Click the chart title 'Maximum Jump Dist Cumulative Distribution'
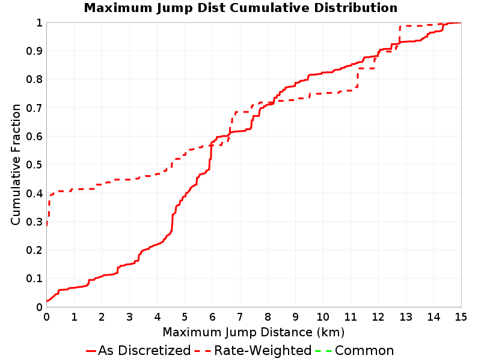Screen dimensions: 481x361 tap(240, 8)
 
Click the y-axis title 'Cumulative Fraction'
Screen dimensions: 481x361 tap(16, 164)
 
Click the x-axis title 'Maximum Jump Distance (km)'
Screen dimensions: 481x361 tap(254, 332)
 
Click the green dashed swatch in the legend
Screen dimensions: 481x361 tap(323, 351)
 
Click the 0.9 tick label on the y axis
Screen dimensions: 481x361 tap(34, 51)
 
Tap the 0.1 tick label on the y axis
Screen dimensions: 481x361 tap(34, 279)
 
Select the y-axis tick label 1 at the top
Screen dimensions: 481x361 tap(40, 23)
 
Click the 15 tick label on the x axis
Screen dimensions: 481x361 tap(461, 317)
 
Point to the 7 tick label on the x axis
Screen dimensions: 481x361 tap(240, 317)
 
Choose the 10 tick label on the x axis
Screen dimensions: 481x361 tap(323, 317)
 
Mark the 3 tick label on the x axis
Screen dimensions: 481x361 tap(129, 317)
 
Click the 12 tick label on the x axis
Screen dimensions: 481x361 tap(378, 317)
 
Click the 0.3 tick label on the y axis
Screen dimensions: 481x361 tap(34, 221)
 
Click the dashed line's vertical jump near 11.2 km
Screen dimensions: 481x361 tap(358, 78)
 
